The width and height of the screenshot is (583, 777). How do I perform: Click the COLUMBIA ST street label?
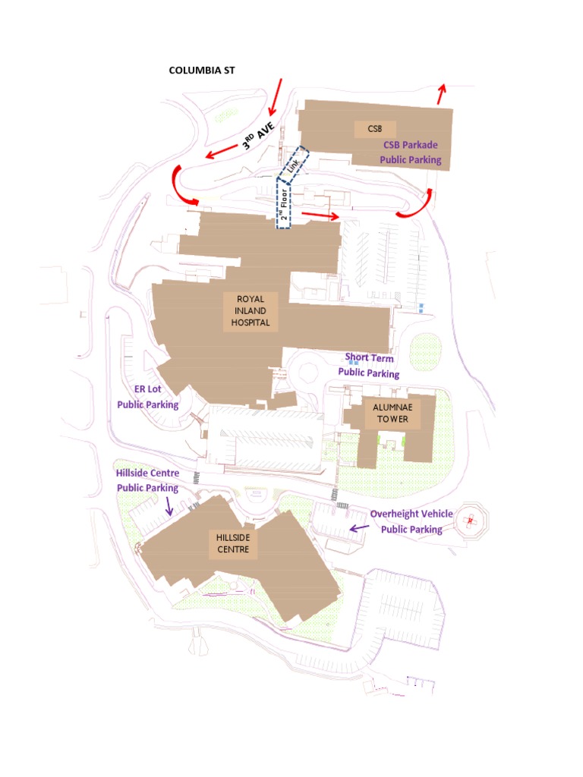pos(202,70)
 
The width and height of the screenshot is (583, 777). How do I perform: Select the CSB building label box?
pos(374,129)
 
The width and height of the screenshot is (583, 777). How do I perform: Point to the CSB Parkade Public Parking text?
pos(411,153)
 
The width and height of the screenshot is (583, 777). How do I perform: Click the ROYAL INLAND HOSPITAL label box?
pos(251,311)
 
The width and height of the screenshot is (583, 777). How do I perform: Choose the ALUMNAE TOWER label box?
pos(390,414)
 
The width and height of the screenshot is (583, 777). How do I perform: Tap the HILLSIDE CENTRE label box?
pos(233,543)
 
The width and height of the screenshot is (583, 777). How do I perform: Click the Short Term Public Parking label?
pos(369,365)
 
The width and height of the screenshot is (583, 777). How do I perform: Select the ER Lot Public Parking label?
pos(148,397)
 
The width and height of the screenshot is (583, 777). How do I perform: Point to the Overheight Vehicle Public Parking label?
pos(411,522)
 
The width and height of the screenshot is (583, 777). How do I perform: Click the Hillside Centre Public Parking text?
pos(147,480)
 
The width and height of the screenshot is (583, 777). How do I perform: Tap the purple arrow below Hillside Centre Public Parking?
pos(169,507)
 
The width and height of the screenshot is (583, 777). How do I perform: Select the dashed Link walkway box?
pos(294,164)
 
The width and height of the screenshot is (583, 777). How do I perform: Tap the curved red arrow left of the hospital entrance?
pos(184,186)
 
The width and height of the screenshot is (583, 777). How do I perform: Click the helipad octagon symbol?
pos(471,521)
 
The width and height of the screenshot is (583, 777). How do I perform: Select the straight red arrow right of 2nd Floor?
pos(320,215)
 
